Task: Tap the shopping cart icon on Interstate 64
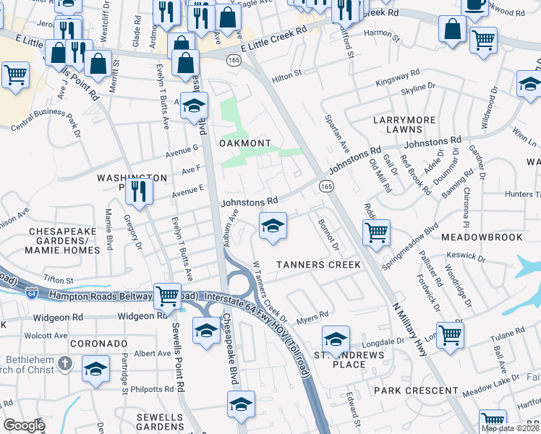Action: tap(168, 294)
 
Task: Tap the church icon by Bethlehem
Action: tap(64, 362)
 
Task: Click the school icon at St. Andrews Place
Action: tap(336, 339)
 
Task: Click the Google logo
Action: tap(24, 425)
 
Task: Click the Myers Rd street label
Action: tap(312, 315)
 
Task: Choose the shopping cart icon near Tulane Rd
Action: tap(450, 334)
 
